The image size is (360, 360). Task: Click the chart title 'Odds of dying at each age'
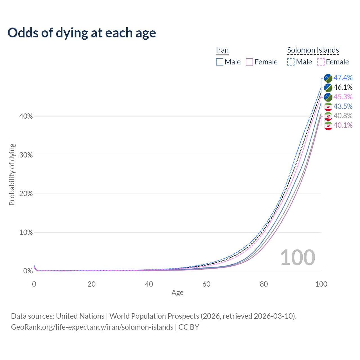(x=82, y=33)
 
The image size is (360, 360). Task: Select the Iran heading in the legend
(x=222, y=50)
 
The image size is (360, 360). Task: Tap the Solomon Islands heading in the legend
(x=313, y=50)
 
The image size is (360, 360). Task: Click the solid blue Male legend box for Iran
(x=220, y=62)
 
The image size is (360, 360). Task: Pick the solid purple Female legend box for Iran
(x=249, y=62)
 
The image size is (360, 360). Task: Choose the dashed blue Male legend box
(x=291, y=62)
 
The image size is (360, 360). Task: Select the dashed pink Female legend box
(x=321, y=62)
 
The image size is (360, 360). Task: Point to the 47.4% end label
(x=343, y=78)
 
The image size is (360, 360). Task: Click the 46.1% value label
(x=343, y=87)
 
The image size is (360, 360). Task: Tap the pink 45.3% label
(x=343, y=97)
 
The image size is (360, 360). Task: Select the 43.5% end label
(x=343, y=106)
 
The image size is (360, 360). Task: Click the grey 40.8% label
(x=343, y=116)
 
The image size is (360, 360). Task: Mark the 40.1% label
(x=343, y=125)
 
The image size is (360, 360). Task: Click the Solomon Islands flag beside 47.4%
(x=328, y=78)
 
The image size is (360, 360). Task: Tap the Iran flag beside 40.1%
(x=328, y=125)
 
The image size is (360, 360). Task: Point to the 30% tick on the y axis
(x=26, y=155)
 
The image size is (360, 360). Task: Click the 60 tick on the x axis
(x=206, y=284)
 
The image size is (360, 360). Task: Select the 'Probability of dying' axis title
(x=12, y=174)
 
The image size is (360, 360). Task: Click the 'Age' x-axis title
(x=177, y=292)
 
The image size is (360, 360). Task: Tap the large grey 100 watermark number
(x=298, y=257)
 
